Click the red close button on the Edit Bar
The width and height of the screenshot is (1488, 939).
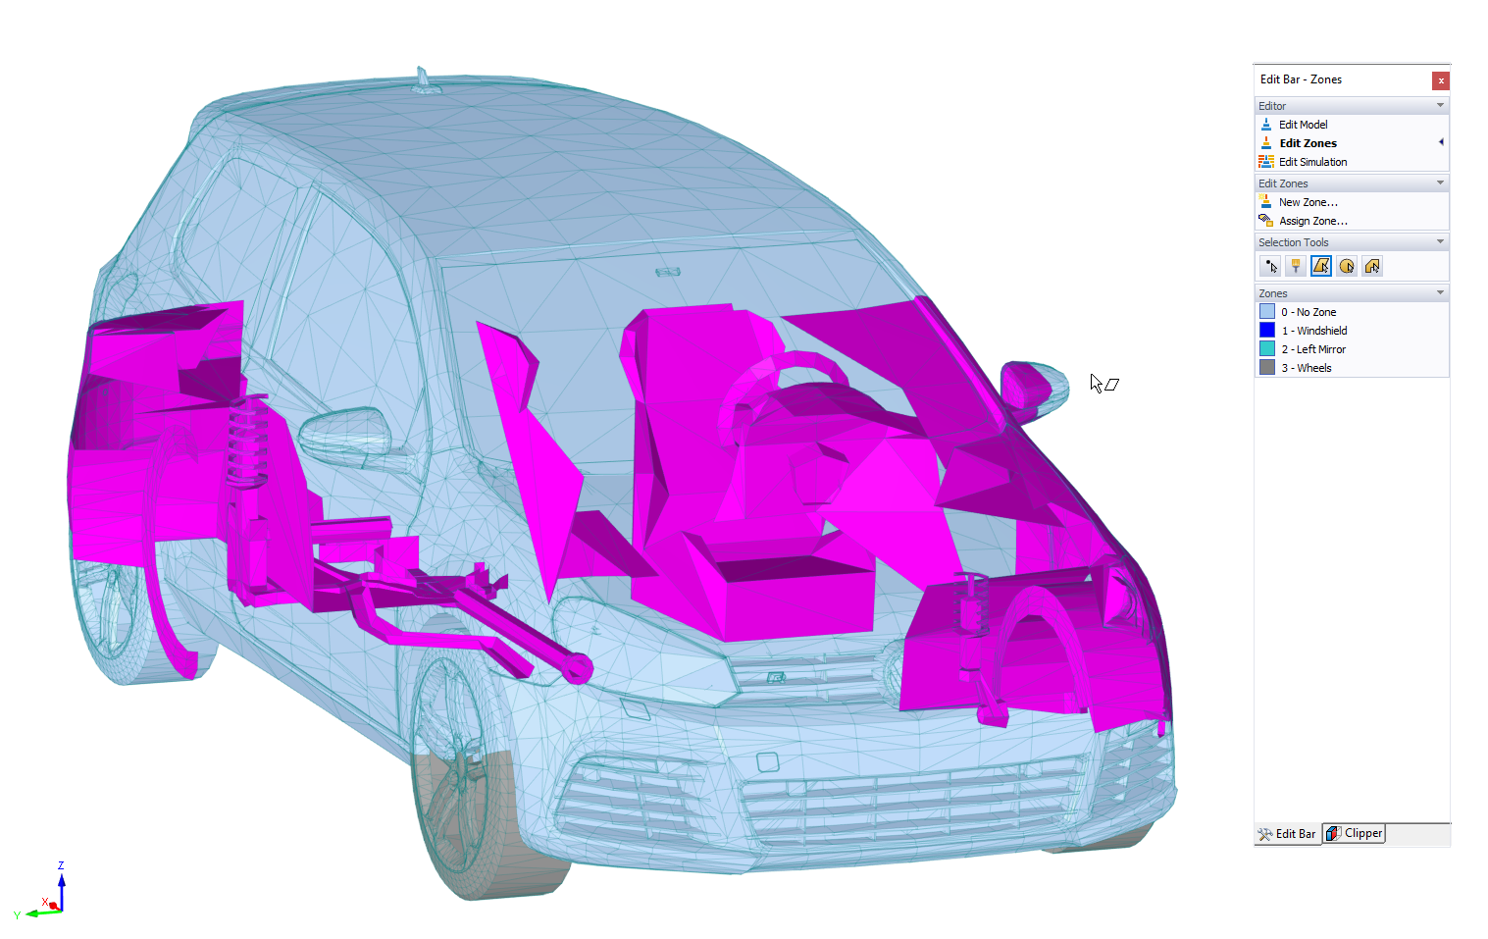coord(1440,80)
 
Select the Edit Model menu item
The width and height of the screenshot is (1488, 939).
coord(1303,125)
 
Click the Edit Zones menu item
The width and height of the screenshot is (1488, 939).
coord(1308,143)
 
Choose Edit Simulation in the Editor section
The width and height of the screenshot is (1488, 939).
coord(1312,162)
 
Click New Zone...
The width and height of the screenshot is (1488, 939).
coord(1308,202)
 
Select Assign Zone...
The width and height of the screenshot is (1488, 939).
coord(1312,221)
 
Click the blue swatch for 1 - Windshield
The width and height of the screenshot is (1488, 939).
coord(1266,331)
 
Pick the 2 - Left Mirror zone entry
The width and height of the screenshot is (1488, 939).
coord(1313,349)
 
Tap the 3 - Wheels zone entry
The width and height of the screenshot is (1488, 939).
coord(1306,368)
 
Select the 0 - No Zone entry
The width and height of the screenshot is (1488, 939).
coord(1308,312)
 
